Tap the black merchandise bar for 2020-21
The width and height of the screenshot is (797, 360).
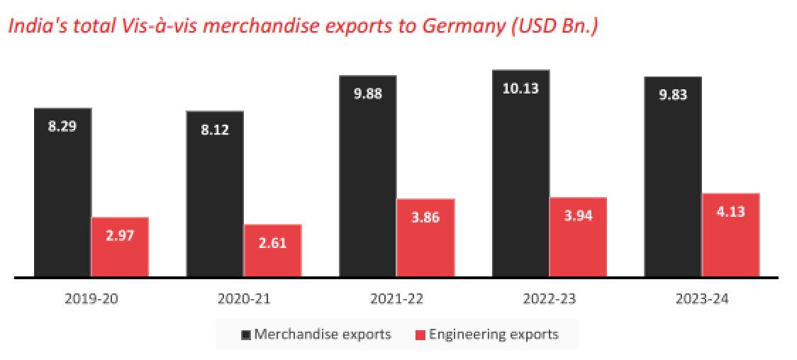(x=215, y=194)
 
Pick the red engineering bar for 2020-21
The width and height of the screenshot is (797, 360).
(x=273, y=251)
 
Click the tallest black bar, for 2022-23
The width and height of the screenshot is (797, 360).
(x=520, y=174)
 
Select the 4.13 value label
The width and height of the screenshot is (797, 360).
(x=731, y=211)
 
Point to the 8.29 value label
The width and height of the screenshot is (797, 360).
(x=62, y=127)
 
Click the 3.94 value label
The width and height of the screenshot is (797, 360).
(x=579, y=216)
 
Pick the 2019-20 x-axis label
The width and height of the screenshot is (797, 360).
(x=91, y=299)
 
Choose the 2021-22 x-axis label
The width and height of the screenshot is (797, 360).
(x=396, y=299)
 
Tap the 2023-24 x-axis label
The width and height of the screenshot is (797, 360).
(x=702, y=299)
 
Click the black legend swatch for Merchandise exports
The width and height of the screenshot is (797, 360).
(x=246, y=334)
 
